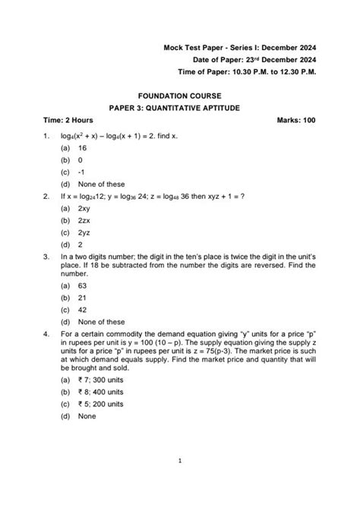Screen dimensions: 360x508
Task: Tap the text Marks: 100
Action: (297, 121)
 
